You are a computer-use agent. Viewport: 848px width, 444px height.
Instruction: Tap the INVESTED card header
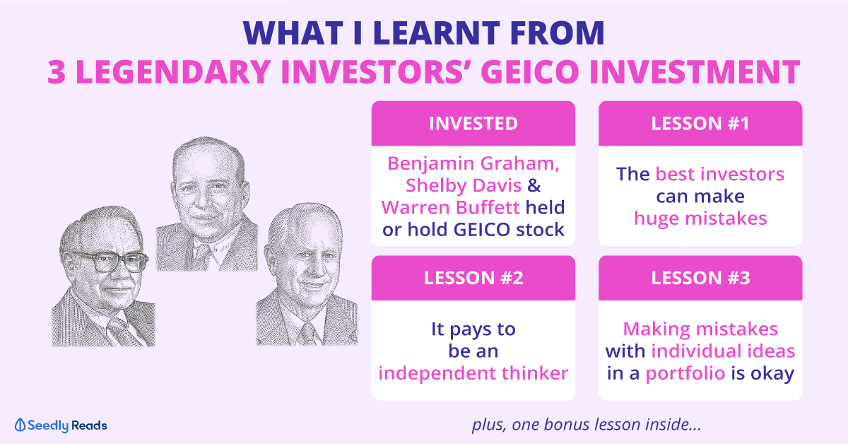(473, 124)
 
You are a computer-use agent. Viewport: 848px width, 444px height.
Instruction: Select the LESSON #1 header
(700, 124)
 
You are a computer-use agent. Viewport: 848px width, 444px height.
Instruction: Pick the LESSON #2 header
(473, 278)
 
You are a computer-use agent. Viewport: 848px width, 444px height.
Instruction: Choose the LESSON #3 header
(700, 278)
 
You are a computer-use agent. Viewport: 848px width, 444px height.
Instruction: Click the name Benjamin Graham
(473, 163)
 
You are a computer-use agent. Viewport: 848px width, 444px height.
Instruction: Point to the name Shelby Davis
(464, 186)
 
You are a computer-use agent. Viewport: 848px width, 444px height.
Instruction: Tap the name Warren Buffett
(451, 208)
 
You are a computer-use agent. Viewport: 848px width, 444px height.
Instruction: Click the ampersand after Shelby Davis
(534, 186)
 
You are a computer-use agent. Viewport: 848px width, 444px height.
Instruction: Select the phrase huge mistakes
(700, 218)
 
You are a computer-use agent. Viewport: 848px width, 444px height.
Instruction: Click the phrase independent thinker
(473, 373)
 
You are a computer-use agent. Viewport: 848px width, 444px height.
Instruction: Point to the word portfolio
(685, 373)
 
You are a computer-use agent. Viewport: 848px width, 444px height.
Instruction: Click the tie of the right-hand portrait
(307, 334)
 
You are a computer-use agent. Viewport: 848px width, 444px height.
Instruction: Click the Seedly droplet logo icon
(20, 425)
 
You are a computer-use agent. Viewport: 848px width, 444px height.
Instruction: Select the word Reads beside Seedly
(89, 426)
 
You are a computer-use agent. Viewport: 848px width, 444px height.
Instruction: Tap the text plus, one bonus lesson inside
(587, 425)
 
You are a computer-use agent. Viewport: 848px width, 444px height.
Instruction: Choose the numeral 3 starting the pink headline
(57, 72)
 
